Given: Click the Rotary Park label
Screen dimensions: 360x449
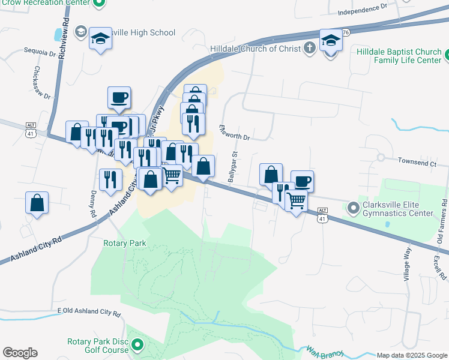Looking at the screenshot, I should point(125,243).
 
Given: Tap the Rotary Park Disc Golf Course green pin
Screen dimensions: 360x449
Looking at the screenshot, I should point(137,344).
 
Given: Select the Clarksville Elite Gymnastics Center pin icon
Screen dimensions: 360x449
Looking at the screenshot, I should point(354,209).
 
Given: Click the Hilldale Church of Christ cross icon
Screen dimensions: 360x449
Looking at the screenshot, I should point(309,48).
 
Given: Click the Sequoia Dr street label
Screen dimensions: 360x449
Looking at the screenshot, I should point(40,52).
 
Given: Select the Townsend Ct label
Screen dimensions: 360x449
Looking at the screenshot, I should point(417,162).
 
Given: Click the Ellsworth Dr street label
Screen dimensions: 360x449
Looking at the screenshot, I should point(234,133).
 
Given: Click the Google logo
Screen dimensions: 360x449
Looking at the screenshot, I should point(20,353).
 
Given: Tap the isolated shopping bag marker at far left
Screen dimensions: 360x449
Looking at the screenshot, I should point(37,202).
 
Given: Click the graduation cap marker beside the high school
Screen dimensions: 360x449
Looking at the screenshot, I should point(100,40).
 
